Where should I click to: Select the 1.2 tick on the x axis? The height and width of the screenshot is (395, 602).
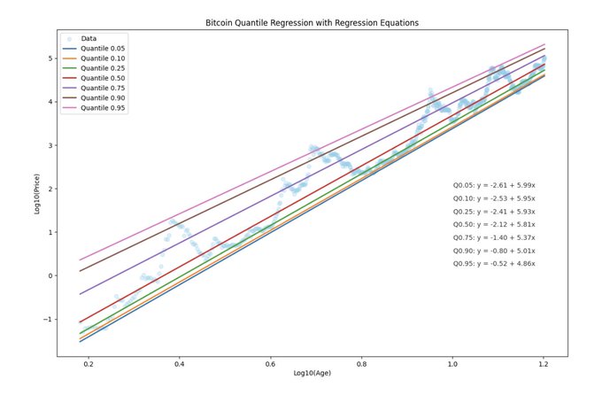click(543, 362)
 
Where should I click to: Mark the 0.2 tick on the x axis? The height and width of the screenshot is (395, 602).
click(88, 362)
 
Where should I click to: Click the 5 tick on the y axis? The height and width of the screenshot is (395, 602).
click(50, 58)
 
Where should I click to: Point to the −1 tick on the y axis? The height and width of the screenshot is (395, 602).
click(48, 319)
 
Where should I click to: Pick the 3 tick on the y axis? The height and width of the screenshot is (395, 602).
click(50, 145)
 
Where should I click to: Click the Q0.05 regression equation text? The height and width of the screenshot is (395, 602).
click(493, 185)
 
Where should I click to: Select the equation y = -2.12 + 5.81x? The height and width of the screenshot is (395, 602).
click(493, 225)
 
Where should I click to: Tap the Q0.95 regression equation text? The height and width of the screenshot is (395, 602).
click(493, 264)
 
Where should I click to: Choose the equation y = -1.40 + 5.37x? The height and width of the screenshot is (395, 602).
click(493, 238)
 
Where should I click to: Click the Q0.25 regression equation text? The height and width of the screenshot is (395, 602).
click(493, 212)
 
